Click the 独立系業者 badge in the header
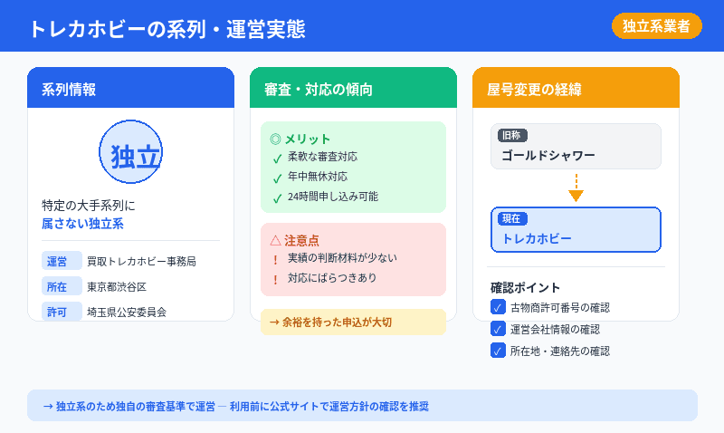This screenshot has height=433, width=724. point(656,26)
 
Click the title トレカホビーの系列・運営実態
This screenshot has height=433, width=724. point(167,28)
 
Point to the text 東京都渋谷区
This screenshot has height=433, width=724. point(117,286)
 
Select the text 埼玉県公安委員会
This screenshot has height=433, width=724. point(127,312)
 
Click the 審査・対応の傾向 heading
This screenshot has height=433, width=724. point(319,89)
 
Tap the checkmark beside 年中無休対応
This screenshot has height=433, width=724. point(277,178)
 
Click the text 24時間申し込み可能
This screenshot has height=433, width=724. point(332,197)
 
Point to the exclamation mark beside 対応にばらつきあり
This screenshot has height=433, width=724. point(275,279)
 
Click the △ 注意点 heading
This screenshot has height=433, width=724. point(294,240)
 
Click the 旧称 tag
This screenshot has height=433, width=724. point(511,135)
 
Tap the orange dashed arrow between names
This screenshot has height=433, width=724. point(576,188)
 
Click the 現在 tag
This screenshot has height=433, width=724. point(512,219)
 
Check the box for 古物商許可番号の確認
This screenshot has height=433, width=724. point(498,307)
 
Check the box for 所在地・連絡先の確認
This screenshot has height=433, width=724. point(498,351)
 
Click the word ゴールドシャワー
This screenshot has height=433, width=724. point(548,155)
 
